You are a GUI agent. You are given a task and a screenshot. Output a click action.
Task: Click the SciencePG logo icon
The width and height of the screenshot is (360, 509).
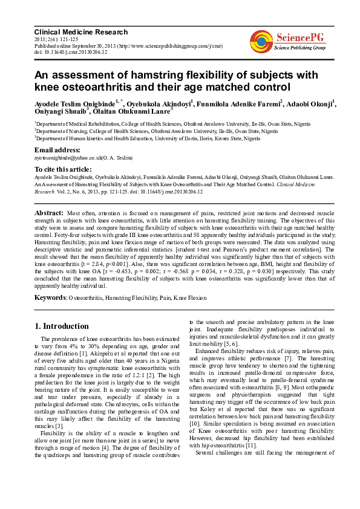coord(261,40)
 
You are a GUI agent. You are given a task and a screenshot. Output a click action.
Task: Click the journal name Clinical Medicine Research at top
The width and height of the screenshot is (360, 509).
coord(81,32)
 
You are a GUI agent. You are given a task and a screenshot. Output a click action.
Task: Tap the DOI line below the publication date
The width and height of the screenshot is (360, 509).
coord(71,52)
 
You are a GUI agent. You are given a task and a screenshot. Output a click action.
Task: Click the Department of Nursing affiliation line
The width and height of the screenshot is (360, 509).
coord(157,131)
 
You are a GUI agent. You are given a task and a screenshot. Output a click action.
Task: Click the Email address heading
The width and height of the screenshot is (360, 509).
coord(57,149)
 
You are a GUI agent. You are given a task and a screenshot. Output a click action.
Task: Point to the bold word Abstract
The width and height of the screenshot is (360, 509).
coord(49,213)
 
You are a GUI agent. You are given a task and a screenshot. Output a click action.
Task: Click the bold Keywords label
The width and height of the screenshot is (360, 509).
coord(50,298)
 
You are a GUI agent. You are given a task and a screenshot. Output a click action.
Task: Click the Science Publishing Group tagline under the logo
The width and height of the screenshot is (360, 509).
coord(300,47)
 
